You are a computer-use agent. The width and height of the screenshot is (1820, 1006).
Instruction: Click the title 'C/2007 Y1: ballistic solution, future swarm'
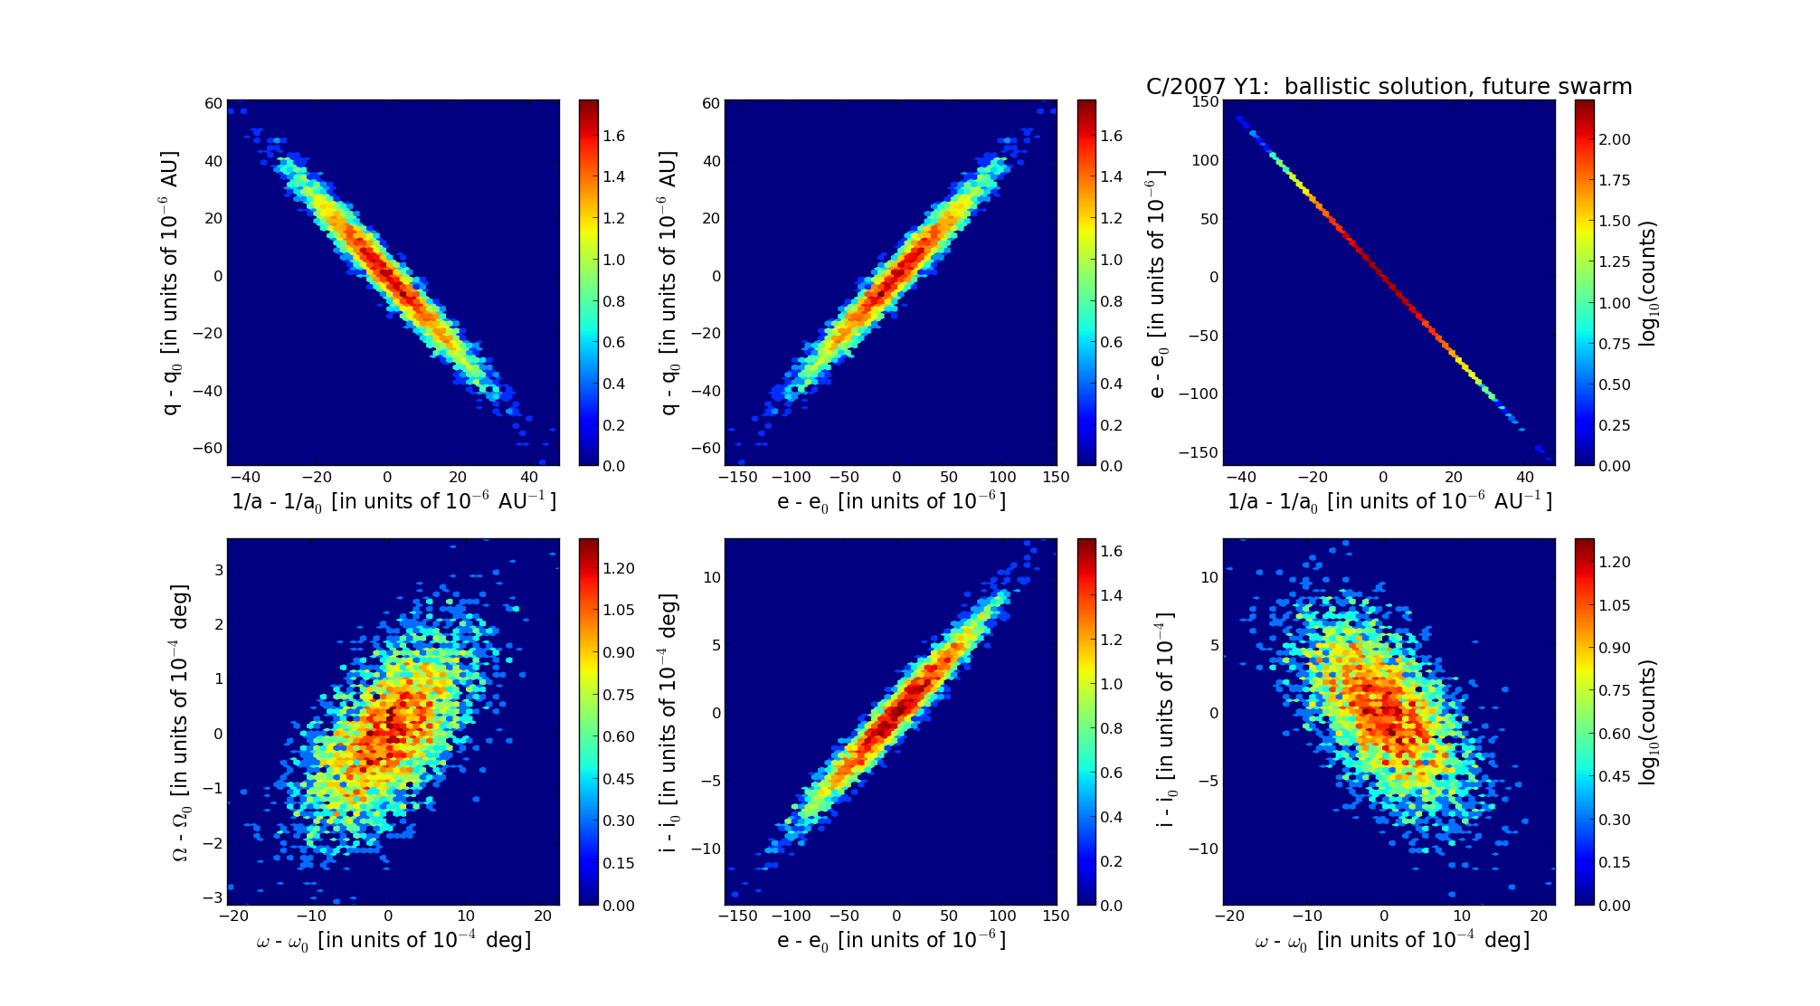point(1389,87)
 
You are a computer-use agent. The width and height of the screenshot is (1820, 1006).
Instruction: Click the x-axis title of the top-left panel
point(393,501)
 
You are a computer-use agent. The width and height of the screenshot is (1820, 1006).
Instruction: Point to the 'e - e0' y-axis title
point(1157,283)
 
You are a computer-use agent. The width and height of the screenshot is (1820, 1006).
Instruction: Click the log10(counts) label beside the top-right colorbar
point(1648,283)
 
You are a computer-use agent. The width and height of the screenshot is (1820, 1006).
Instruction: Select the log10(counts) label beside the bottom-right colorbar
point(1648,722)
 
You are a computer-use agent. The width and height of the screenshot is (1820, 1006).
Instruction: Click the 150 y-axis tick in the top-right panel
point(1204,102)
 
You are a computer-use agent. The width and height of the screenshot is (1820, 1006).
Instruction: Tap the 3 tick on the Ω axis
point(219,570)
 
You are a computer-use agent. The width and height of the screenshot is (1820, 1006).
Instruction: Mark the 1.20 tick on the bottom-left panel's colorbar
point(619,568)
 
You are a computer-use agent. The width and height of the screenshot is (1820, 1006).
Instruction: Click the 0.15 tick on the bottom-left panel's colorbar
point(619,863)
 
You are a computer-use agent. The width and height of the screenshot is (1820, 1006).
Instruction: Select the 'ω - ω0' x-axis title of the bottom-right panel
point(1391,941)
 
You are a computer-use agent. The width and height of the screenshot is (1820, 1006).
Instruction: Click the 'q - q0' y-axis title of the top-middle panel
point(668,283)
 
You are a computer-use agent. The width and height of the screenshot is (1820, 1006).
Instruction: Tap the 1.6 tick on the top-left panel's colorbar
point(614,136)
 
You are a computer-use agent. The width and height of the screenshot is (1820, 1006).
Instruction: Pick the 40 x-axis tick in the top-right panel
point(1524,478)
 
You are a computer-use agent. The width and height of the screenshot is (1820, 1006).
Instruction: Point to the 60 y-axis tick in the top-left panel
point(213,103)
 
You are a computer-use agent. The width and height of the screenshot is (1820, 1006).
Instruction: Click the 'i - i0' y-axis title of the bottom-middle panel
point(668,722)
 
